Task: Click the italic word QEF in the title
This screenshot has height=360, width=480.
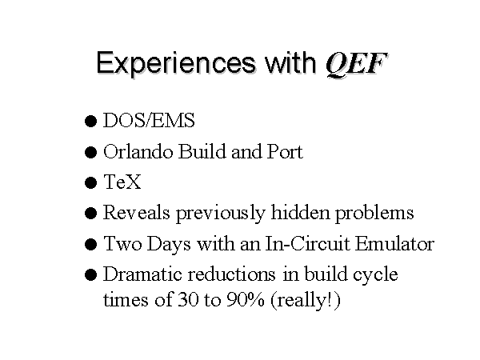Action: click(356, 64)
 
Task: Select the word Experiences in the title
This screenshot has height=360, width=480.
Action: click(176, 64)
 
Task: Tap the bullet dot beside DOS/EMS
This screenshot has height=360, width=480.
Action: click(90, 122)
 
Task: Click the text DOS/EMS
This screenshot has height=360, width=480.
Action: click(149, 120)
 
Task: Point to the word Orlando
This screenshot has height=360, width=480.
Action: click(138, 151)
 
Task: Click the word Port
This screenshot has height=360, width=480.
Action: click(285, 151)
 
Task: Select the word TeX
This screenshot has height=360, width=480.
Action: click(122, 182)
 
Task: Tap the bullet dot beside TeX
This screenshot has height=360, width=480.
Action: click(90, 182)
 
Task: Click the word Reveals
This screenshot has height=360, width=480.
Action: click(137, 212)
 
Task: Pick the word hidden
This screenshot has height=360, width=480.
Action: click(301, 212)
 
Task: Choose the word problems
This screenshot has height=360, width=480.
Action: click(374, 214)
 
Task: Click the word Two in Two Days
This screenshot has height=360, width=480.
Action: click(122, 244)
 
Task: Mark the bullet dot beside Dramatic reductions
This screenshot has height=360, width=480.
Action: click(90, 274)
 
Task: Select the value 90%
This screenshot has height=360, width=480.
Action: click(246, 299)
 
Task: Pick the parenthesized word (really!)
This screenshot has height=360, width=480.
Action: click(306, 301)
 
